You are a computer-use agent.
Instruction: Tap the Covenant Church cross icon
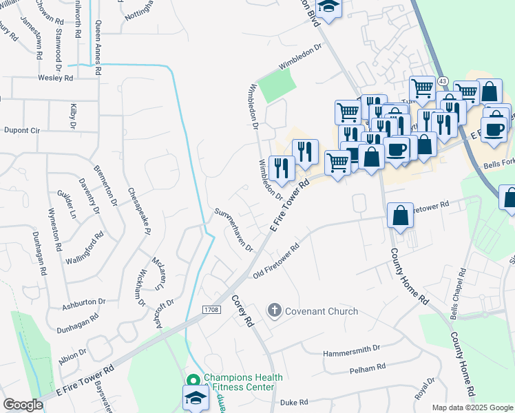[274, 311]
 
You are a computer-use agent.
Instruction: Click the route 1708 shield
[211, 310]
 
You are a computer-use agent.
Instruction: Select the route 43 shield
[442, 81]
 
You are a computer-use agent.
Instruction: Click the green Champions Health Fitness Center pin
[193, 380]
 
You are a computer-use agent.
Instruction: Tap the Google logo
[23, 405]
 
